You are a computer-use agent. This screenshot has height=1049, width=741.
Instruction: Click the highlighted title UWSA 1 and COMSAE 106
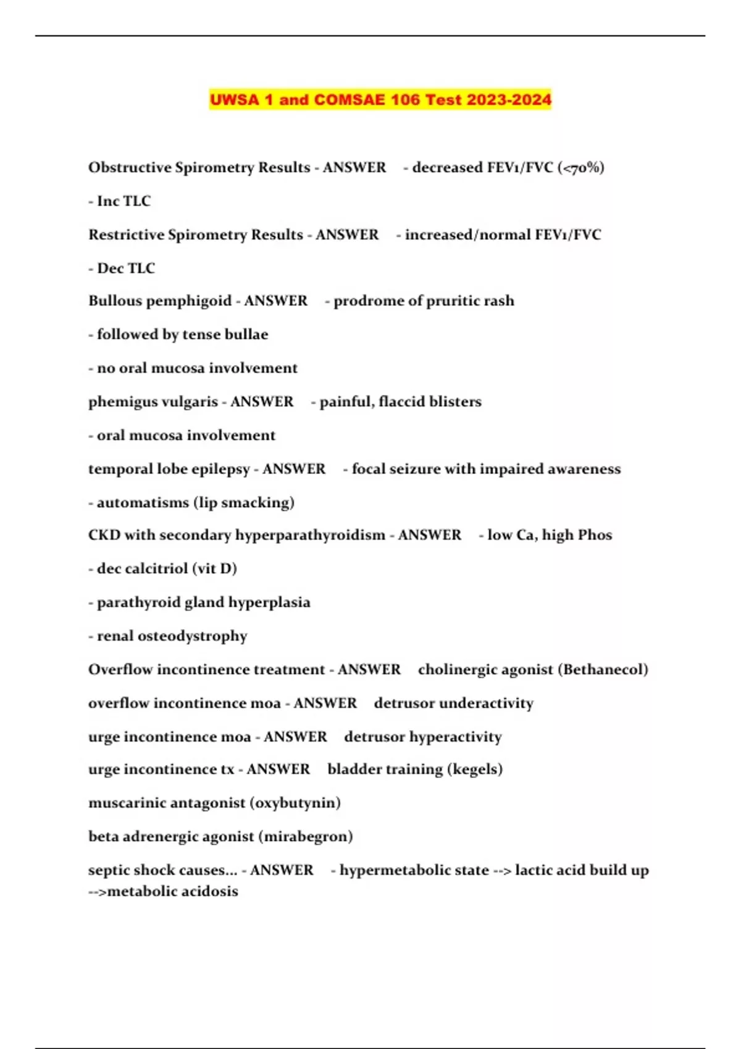[x=380, y=99]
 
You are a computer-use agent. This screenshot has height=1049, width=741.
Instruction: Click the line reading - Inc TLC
[x=120, y=201]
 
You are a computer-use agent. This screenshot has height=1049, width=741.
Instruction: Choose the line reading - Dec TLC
[x=122, y=268]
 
